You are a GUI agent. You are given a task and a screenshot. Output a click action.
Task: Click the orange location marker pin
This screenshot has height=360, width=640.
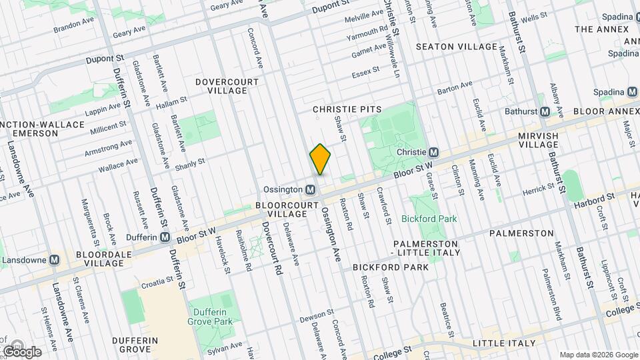(x=320, y=159)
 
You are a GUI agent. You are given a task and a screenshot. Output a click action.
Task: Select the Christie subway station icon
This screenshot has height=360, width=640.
(x=433, y=153)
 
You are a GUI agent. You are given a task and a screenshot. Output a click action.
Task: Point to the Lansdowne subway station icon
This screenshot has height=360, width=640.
(x=54, y=259)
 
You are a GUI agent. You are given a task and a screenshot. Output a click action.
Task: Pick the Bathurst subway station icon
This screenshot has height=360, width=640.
(x=545, y=111)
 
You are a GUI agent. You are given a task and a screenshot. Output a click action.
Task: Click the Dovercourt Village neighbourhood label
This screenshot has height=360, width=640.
(x=227, y=85)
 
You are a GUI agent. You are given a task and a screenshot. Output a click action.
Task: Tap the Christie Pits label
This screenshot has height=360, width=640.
(x=347, y=109)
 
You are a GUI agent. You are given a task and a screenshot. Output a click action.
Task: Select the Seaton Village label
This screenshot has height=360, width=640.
(x=457, y=47)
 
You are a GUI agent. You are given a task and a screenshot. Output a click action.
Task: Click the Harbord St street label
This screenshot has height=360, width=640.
(x=591, y=199)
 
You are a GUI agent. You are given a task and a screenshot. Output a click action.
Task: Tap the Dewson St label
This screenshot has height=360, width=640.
(x=317, y=314)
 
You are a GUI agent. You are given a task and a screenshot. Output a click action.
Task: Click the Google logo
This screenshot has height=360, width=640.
(x=21, y=351)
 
